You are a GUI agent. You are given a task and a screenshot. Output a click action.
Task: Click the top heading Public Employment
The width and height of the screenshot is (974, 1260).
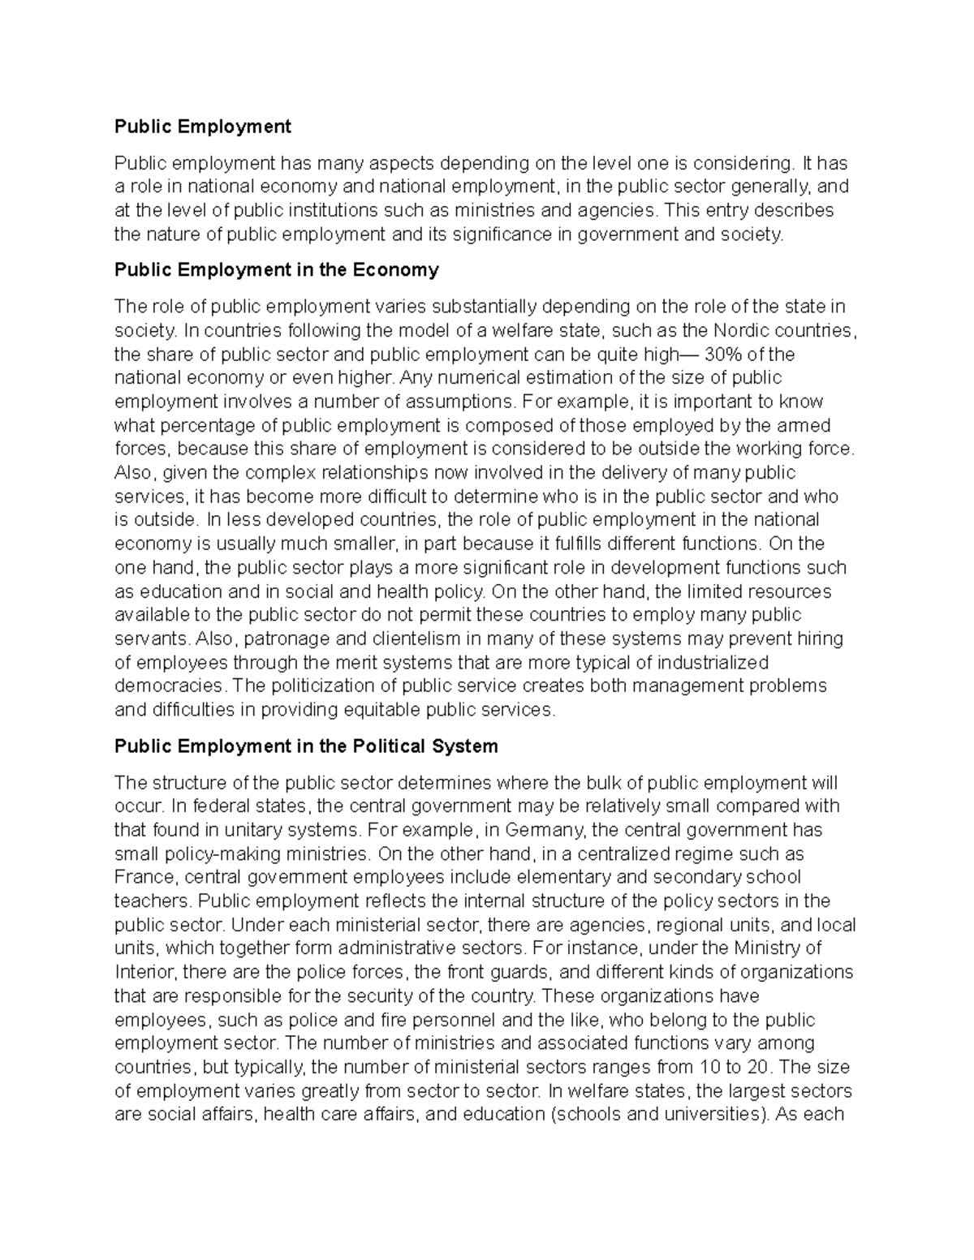(x=202, y=127)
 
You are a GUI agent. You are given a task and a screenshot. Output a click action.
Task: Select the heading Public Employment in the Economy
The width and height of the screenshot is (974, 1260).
(x=276, y=270)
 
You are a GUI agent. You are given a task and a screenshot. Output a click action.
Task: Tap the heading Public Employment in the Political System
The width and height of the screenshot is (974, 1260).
(x=306, y=746)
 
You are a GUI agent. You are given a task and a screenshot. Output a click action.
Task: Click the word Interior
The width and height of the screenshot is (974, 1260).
(x=144, y=972)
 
